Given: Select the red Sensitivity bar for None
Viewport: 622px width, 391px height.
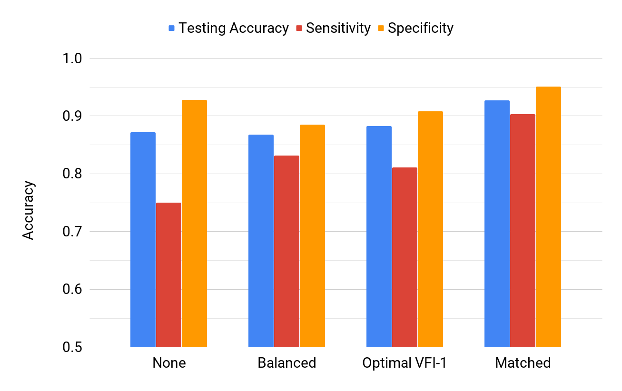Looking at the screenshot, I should point(168,274).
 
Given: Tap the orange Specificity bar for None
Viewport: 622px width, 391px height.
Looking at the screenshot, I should point(194,223).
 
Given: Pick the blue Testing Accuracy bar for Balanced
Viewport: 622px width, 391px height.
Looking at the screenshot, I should point(261,241).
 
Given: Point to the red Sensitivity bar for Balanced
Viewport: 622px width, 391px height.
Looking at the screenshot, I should point(286,251).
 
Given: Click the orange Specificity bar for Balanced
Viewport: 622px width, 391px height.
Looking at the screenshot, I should point(312,235).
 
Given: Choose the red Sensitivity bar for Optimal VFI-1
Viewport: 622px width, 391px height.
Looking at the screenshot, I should point(405,257).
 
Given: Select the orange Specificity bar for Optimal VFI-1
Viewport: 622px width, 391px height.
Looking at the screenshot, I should point(430,229).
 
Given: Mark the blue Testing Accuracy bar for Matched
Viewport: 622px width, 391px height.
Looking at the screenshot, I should point(497,224).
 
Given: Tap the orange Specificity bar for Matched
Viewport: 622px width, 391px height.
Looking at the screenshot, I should point(548,216).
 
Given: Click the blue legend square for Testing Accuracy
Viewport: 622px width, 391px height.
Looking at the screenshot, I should point(172,29).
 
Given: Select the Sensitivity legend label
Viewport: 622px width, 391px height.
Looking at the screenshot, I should point(338,28).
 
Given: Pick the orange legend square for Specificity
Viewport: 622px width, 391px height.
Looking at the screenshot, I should point(381,29).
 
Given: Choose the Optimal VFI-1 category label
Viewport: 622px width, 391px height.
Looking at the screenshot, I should point(404,363).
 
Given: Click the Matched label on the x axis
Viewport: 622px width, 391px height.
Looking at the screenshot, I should point(523,363).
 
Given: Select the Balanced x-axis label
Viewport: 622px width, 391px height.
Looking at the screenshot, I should point(286,363).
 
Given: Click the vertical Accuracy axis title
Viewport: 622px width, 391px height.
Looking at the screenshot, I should point(29,210).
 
